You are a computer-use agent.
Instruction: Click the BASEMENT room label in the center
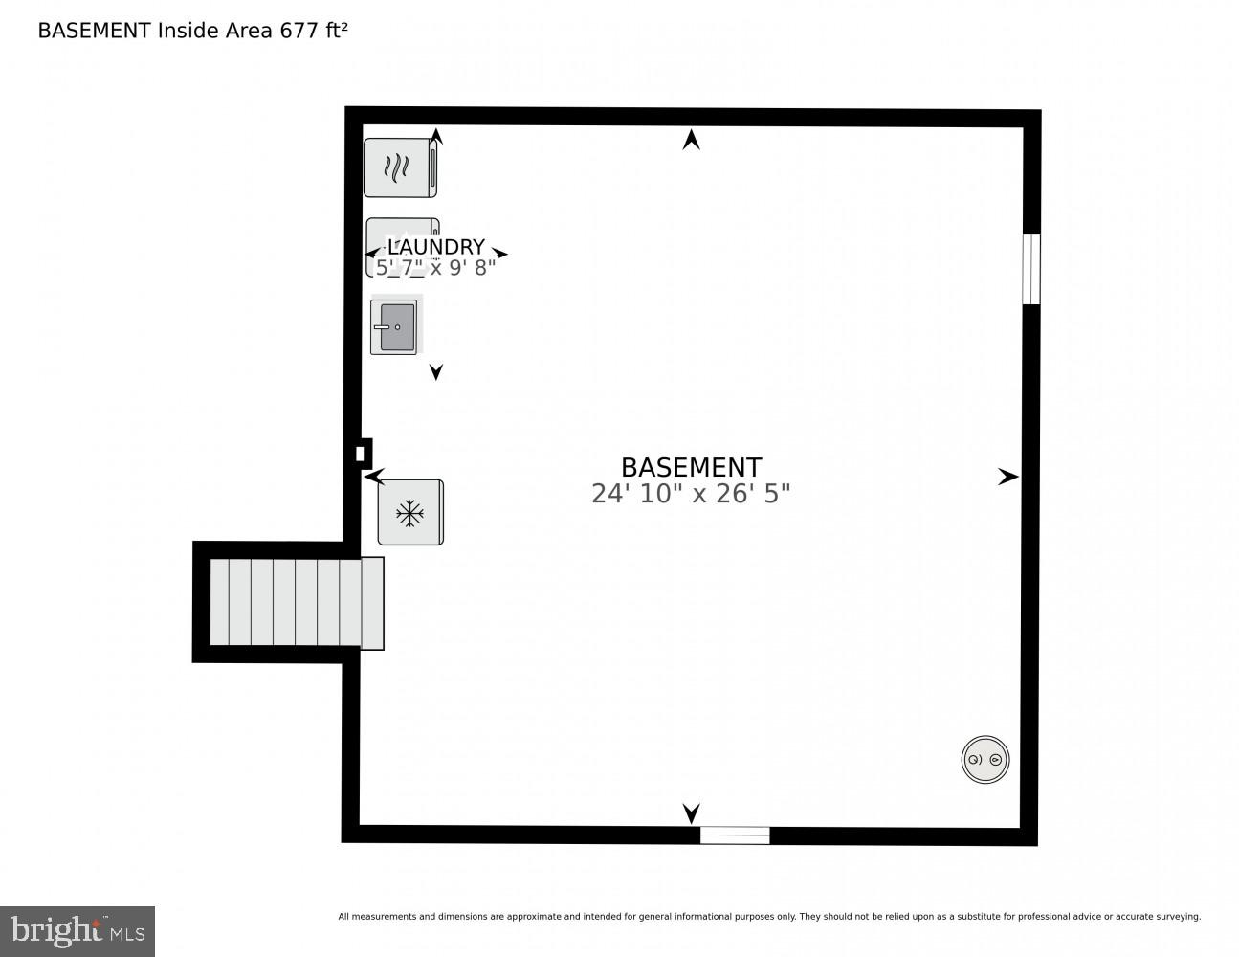tap(691, 467)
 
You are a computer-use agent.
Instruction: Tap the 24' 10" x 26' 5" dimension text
tap(691, 494)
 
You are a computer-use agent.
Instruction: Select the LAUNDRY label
tap(436, 247)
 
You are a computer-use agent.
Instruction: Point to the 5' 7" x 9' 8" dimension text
tap(436, 268)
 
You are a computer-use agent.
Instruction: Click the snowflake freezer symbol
tap(410, 513)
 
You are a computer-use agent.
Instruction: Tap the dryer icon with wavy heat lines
tap(400, 168)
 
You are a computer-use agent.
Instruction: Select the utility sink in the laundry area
tap(394, 327)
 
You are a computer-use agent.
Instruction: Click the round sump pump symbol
tap(985, 760)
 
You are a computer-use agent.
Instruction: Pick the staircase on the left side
tap(297, 603)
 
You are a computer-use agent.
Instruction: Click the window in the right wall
tap(1030, 269)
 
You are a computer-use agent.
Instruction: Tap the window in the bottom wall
tap(735, 835)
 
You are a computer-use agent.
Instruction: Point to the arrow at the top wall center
tap(691, 141)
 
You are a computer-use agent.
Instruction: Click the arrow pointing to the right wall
tap(1007, 477)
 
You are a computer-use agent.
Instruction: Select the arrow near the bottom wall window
tap(691, 812)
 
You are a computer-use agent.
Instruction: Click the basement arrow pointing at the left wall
tap(374, 476)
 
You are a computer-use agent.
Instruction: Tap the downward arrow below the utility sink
tap(436, 372)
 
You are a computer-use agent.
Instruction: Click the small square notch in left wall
tap(361, 454)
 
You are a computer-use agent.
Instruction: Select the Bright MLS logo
tap(77, 931)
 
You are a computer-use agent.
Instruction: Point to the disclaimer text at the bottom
tap(769, 917)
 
